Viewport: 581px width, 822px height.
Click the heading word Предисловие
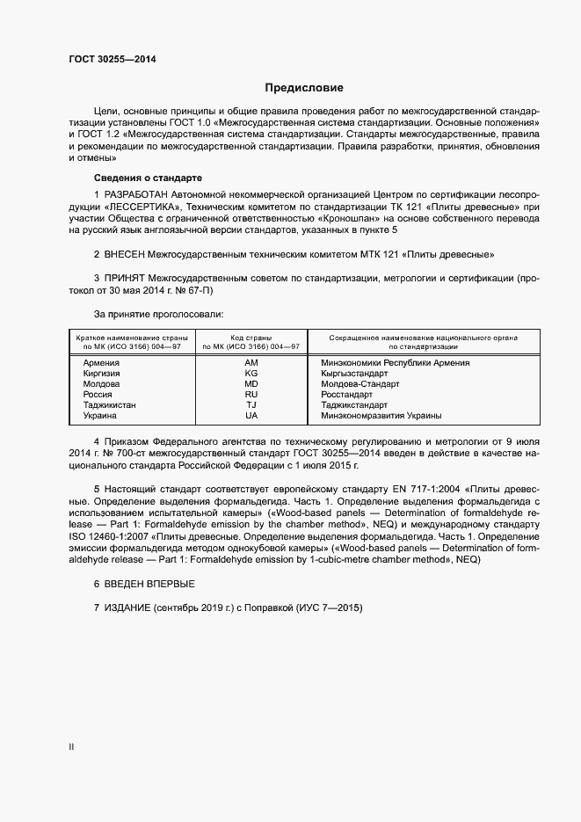pyautogui.click(x=304, y=88)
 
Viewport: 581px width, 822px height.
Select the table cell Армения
pyautogui.click(x=102, y=362)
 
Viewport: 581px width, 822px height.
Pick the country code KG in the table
pyautogui.click(x=251, y=373)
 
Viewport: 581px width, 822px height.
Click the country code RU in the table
pyautogui.click(x=251, y=394)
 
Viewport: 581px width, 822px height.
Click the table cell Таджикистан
pyautogui.click(x=109, y=404)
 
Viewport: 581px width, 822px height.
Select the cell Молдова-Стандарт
pyautogui.click(x=360, y=383)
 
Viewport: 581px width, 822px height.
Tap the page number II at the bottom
pyautogui.click(x=71, y=747)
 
